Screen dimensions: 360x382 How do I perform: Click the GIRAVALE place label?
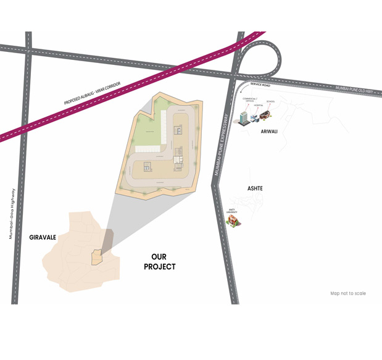(43, 237)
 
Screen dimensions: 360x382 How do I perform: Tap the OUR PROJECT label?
(159, 261)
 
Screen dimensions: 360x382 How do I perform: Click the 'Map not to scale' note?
(347, 293)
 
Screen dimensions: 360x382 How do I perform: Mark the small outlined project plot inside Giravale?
(96, 257)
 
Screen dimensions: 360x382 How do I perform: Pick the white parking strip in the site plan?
(149, 149)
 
